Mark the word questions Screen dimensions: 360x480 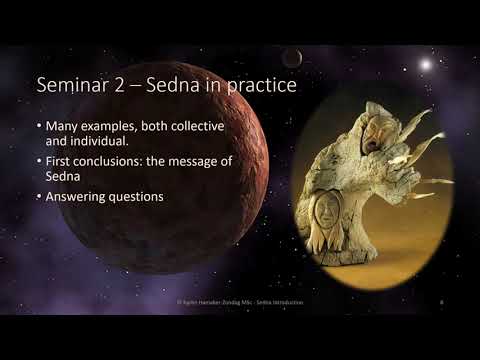tap(140, 196)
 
